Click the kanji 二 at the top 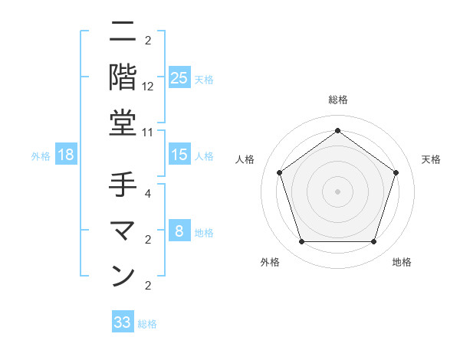[x=123, y=31]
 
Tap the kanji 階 [x=123, y=77]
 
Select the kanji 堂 [x=123, y=123]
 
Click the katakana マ [x=123, y=231]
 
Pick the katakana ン [x=123, y=277]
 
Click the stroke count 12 [x=148, y=86]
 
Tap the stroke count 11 [x=148, y=132]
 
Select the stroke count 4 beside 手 [x=148, y=193]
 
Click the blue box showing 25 [x=179, y=78]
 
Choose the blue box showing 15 [x=179, y=155]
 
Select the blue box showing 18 [x=66, y=155]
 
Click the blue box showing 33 [x=123, y=322]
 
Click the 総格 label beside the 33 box [x=148, y=324]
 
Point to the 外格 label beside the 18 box [x=41, y=156]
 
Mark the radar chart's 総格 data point [x=337, y=129]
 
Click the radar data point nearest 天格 [x=396, y=172]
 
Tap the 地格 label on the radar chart [x=402, y=262]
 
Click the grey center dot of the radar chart [x=337, y=191]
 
